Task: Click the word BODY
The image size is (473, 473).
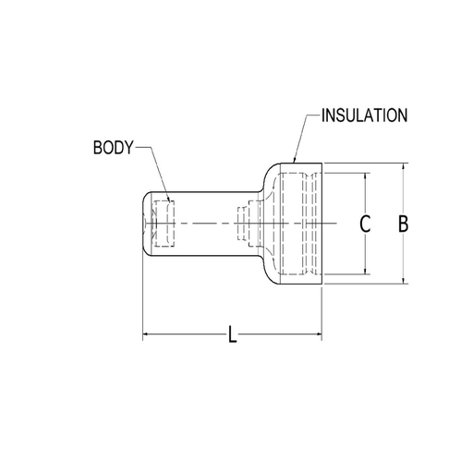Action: pos(114,147)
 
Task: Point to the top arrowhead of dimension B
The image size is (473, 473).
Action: pos(403,168)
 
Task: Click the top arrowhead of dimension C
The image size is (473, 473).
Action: pos(367,176)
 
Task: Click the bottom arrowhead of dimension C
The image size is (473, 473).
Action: pos(367,272)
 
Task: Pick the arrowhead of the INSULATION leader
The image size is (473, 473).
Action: pos(293,163)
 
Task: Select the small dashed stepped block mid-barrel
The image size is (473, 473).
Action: pos(246,223)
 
